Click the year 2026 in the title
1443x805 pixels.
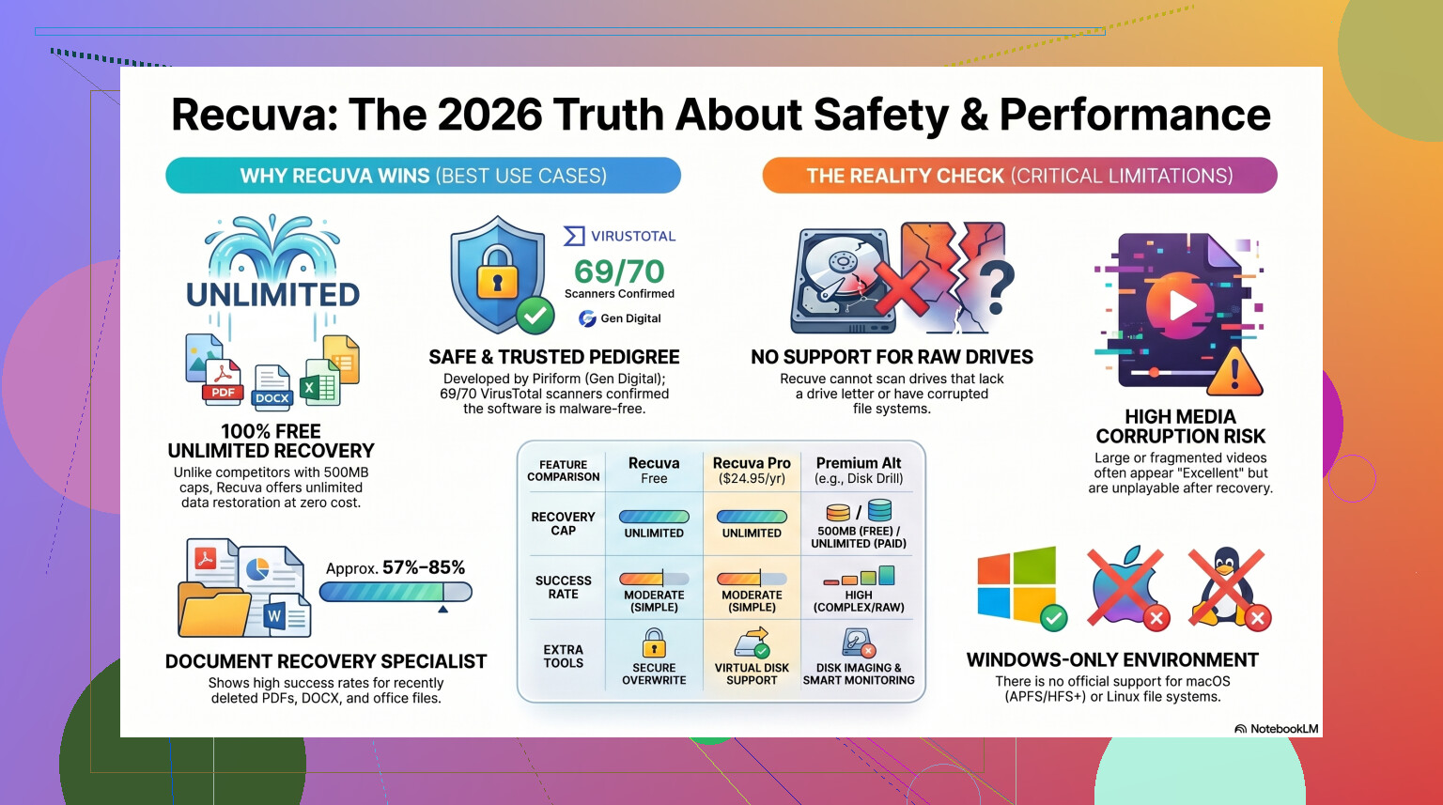click(x=489, y=116)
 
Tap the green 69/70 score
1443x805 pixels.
click(x=619, y=271)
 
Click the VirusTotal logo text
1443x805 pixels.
click(x=619, y=236)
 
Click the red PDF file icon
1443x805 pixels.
click(x=223, y=382)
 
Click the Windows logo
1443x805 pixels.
click(x=1016, y=585)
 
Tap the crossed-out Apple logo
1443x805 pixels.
click(x=1125, y=586)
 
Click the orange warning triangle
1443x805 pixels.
click(x=1234, y=372)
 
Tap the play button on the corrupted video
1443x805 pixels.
click(x=1180, y=305)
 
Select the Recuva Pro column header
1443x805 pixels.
click(x=752, y=470)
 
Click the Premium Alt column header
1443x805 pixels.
click(x=858, y=470)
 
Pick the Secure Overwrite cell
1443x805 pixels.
click(x=654, y=657)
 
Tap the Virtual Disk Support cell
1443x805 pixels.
click(x=752, y=657)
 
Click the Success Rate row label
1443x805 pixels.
click(x=563, y=587)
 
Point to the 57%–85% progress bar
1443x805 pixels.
click(x=396, y=592)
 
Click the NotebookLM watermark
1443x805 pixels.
click(x=1276, y=729)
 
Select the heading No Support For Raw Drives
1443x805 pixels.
click(x=892, y=358)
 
